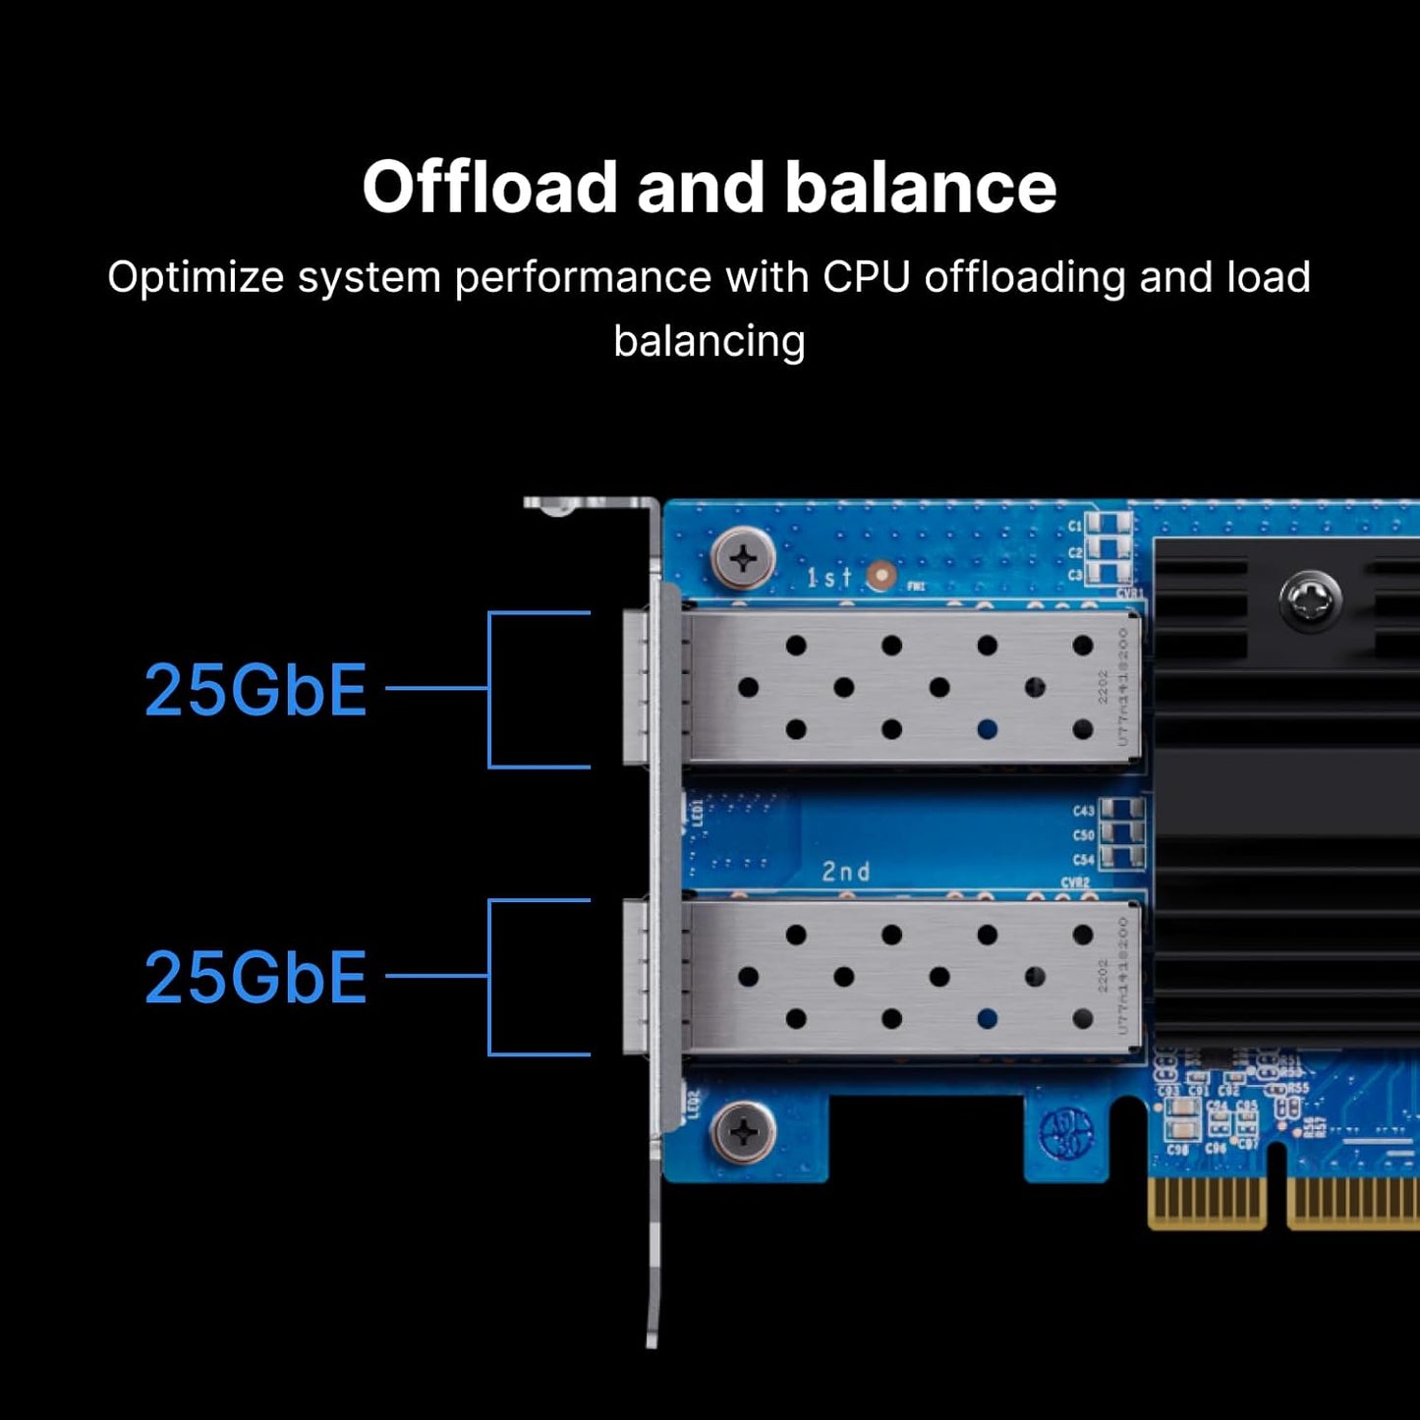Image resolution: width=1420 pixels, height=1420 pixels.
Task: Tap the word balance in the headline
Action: pyautogui.click(x=921, y=187)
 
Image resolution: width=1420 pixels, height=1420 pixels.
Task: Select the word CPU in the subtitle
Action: pyautogui.click(x=866, y=277)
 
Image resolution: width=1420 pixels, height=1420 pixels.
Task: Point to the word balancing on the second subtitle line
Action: pyautogui.click(x=709, y=342)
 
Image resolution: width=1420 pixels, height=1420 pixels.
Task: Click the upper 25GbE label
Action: pyautogui.click(x=256, y=689)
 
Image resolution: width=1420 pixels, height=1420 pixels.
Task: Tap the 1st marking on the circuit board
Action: pyautogui.click(x=827, y=578)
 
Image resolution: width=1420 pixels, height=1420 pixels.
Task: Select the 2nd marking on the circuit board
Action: pyautogui.click(x=845, y=872)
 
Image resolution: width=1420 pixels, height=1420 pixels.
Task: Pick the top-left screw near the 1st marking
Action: pyautogui.click(x=743, y=558)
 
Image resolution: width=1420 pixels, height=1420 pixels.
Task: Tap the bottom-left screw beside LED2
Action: pyautogui.click(x=743, y=1132)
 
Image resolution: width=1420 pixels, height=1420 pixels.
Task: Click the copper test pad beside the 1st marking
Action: pyautogui.click(x=881, y=576)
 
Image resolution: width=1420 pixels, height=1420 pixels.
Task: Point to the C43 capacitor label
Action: pyautogui.click(x=1083, y=811)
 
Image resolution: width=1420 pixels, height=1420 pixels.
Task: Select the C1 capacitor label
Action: pyautogui.click(x=1075, y=526)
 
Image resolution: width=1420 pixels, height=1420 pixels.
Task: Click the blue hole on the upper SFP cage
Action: pyautogui.click(x=987, y=729)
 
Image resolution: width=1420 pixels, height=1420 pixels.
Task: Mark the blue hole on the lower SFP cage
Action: pyautogui.click(x=987, y=1018)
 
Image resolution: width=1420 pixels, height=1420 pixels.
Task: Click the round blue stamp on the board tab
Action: pyautogui.click(x=1066, y=1133)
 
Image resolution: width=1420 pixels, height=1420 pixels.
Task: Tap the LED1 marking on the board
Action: pyautogui.click(x=698, y=813)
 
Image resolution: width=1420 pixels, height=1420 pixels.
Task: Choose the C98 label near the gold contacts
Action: pyautogui.click(x=1177, y=1149)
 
